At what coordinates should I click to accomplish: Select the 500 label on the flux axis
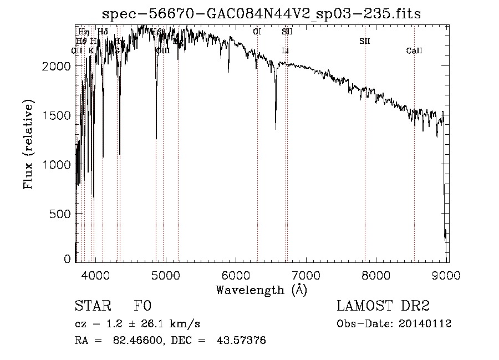point(62,214)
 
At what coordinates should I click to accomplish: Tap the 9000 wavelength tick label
point(447,275)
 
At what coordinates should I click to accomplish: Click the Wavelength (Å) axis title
point(261,289)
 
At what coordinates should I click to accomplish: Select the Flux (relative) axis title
point(28,144)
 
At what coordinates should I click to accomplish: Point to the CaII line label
point(414,51)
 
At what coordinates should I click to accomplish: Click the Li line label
point(285,51)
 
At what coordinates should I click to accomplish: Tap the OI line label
point(257,32)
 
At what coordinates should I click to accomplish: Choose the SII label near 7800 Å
point(364,41)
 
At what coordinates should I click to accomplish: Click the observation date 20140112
point(427,324)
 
